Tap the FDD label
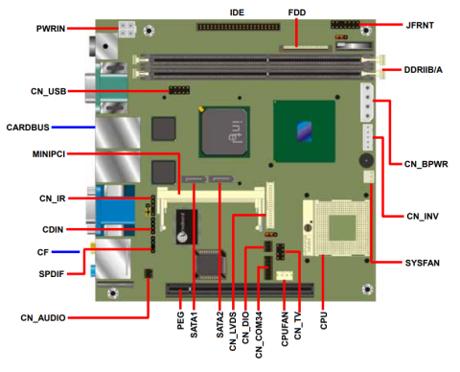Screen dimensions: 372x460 [x=297, y=12]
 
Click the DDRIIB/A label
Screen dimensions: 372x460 [x=422, y=71]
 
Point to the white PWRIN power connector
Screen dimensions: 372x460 [x=126, y=28]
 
